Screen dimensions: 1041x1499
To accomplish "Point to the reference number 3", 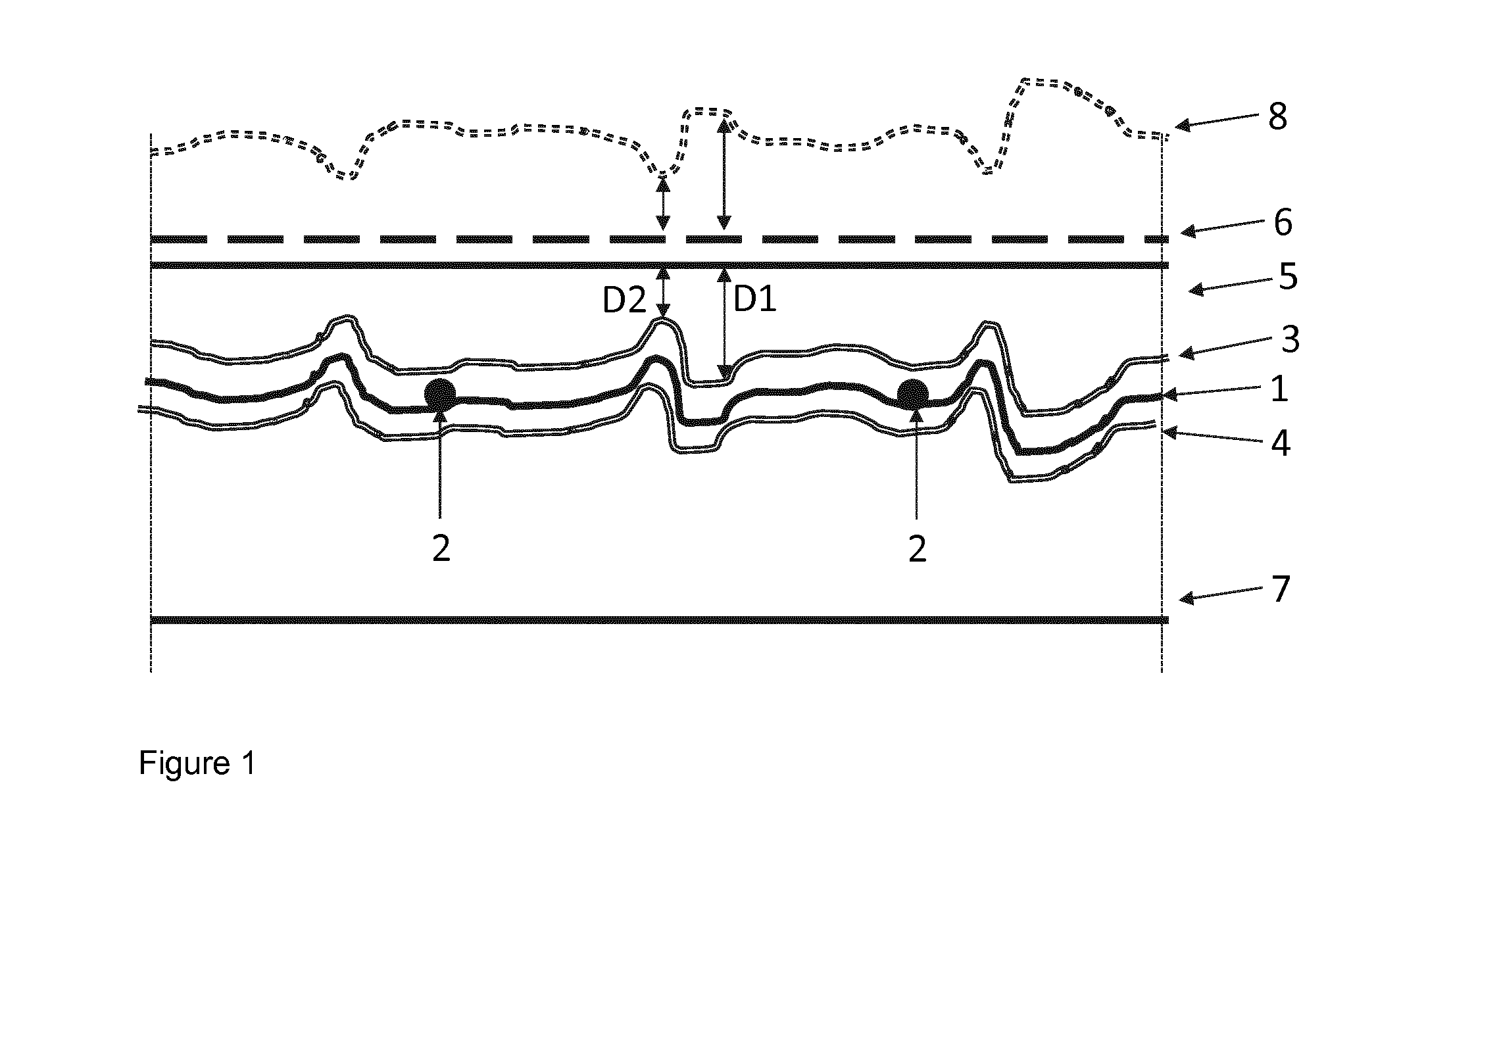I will (1290, 340).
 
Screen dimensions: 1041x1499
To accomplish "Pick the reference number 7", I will (1279, 589).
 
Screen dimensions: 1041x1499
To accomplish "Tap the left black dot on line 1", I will (440, 394).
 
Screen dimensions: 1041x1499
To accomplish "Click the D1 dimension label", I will (754, 300).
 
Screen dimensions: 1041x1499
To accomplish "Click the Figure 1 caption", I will (197, 763).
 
